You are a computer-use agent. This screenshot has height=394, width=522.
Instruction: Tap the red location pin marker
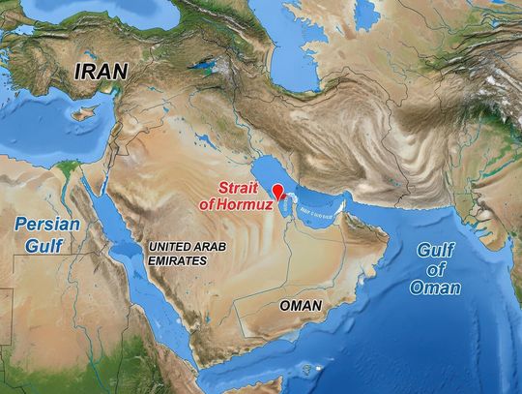pos(277,191)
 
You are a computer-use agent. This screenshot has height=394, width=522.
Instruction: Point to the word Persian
pos(46,227)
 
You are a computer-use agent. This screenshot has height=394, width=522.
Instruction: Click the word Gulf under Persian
pos(44,246)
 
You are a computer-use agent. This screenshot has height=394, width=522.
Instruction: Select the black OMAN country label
pos(300,305)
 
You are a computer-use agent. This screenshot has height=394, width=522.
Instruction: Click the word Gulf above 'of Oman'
pos(437,250)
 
